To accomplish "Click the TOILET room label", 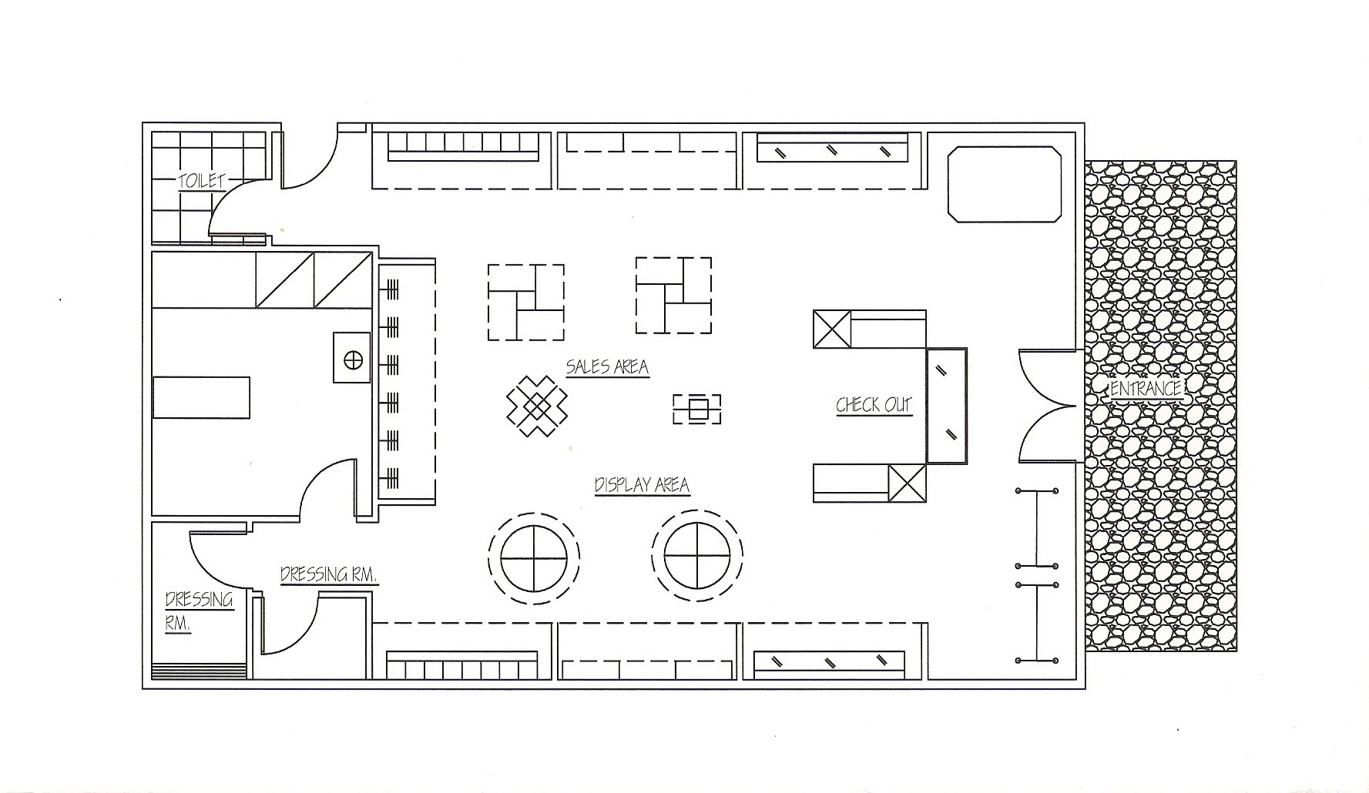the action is [202, 181].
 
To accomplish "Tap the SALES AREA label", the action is [607, 366].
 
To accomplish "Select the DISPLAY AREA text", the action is [642, 485].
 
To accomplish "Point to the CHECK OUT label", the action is [874, 405].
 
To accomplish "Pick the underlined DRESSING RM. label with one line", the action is [329, 574].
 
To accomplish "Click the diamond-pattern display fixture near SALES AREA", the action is [536, 405].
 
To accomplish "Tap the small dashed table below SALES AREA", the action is [697, 409].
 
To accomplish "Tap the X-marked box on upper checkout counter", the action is [832, 330].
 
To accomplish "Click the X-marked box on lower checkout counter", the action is [907, 483].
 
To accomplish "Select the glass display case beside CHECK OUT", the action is [946, 406].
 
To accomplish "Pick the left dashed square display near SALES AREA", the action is [526, 303].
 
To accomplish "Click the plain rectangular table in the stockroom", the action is [202, 397].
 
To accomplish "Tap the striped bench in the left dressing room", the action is [199, 671].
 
